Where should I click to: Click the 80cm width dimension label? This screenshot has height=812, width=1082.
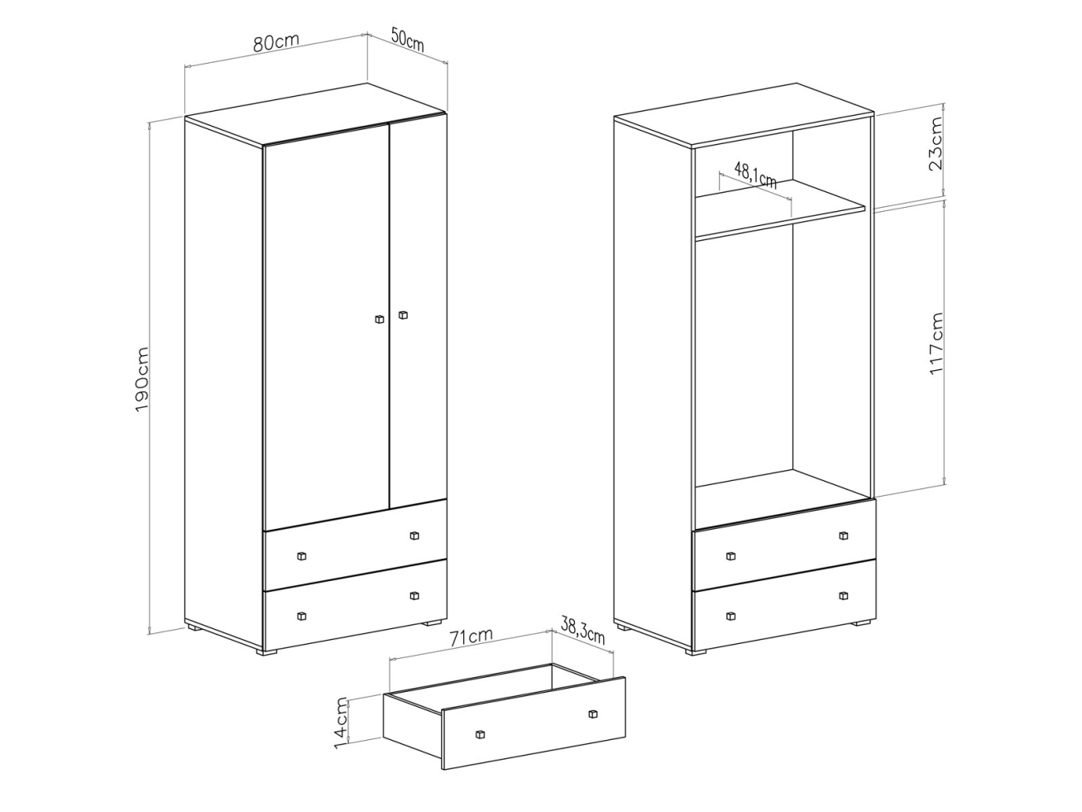276,41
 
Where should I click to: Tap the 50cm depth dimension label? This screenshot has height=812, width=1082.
407,39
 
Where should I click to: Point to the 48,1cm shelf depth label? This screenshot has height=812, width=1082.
756,175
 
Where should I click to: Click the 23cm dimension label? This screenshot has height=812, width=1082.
935,143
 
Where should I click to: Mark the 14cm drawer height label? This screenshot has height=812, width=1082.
341,723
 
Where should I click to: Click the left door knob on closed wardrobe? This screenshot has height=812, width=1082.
379,319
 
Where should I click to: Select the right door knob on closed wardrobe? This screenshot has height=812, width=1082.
403,315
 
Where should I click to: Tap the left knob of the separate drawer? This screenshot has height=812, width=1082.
479,748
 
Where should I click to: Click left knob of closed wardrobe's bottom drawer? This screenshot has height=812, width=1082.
302,616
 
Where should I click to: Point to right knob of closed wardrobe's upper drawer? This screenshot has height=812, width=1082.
414,536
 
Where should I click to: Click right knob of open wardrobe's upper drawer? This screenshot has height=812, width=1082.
844,536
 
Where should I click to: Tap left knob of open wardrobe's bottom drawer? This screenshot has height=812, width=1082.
730,616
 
